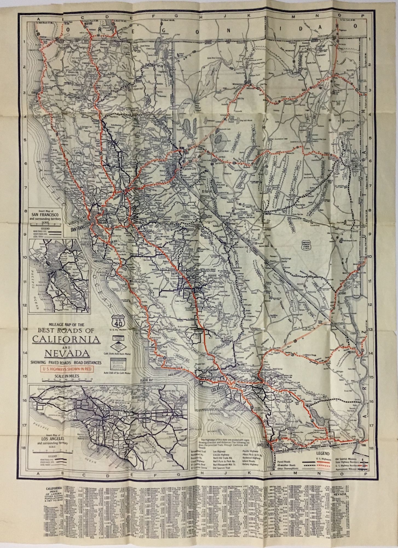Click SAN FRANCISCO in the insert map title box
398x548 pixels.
48,215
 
